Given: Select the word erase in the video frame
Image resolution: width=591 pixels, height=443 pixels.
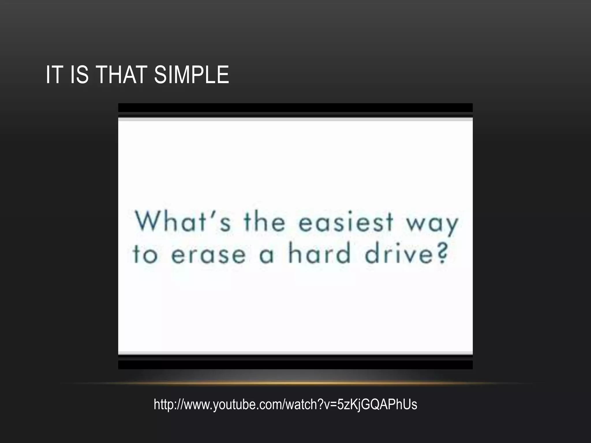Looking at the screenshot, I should coord(208,255).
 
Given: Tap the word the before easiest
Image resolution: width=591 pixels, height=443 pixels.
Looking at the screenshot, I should coord(264,222).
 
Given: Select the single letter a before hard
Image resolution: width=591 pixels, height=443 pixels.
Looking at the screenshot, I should coord(266,256).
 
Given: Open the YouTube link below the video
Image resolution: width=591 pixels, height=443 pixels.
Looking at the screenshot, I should coord(285,404).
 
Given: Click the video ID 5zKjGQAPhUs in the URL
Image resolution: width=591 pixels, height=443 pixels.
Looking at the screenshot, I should coord(377,404).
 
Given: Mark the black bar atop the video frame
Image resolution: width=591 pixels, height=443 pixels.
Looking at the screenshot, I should coord(295,108).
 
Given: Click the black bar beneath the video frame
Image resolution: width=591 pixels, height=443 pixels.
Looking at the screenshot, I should coord(295,365).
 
